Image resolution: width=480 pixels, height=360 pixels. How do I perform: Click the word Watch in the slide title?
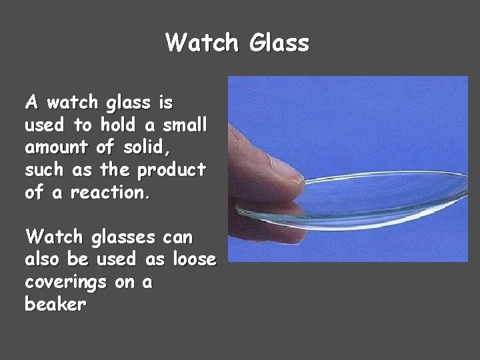click(x=201, y=43)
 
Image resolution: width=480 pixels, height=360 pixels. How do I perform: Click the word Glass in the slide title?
click(x=279, y=43)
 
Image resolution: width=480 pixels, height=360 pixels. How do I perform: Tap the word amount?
click(x=57, y=147)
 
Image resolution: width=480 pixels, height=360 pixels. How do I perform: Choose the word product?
click(x=171, y=171)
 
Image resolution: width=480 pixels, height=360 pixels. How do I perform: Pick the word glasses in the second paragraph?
click(x=117, y=237)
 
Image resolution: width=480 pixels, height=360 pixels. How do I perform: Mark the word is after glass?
click(x=165, y=103)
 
